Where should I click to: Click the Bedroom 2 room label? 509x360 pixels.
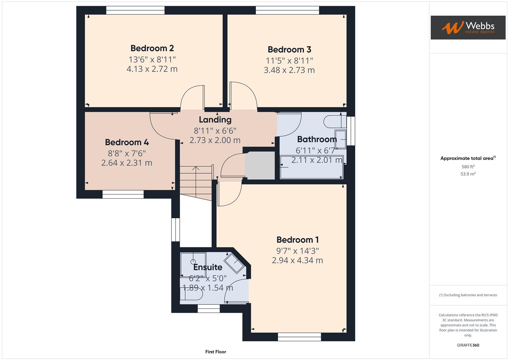pos(152,48)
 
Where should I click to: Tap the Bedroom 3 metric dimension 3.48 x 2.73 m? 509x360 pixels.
pos(289,70)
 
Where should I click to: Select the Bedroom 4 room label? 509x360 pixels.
pos(127,142)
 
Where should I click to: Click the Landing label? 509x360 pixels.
pos(215,120)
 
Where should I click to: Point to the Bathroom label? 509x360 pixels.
pos(317,139)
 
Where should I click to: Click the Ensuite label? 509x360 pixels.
pos(208,267)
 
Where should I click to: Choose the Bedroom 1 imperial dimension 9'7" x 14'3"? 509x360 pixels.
pos(297,251)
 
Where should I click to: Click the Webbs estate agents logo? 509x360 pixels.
pos(468,28)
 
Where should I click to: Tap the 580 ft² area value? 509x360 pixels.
pos(468,167)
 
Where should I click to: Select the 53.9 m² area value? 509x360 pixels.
pos(468,174)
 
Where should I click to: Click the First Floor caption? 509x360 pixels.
pos(216,352)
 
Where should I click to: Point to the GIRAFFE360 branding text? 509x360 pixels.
pos(468,345)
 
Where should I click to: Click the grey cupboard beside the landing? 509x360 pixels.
pos(260,165)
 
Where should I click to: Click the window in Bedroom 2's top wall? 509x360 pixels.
pos(135,10)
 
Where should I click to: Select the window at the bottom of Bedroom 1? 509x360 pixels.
pos(299,337)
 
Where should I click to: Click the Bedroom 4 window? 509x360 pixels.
pos(123,194)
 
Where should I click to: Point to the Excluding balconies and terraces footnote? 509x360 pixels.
pos(468,295)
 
